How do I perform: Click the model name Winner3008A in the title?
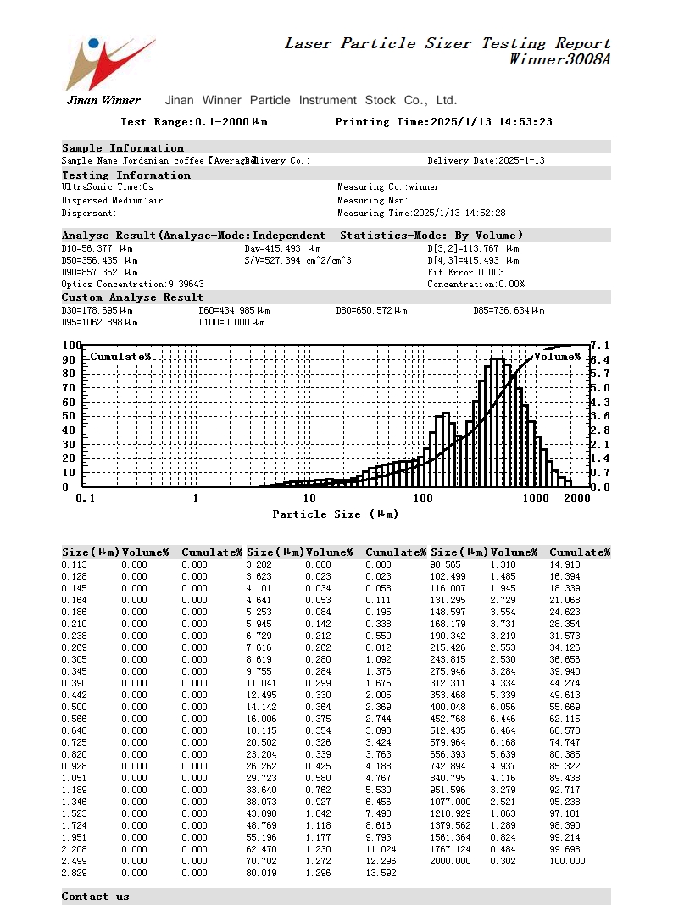pyautogui.click(x=559, y=59)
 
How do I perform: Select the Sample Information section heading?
pyautogui.click(x=123, y=148)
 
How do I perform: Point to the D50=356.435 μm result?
pyautogui.click(x=99, y=261)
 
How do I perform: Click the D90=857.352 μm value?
pyautogui.click(x=99, y=273)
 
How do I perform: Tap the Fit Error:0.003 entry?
pyautogui.click(x=465, y=273)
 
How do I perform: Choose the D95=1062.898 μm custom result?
pyautogui.click(x=99, y=323)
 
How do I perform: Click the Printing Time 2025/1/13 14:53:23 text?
pyautogui.click(x=443, y=122)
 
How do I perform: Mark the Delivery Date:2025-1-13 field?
pyautogui.click(x=486, y=161)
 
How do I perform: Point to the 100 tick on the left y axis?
pyautogui.click(x=71, y=346)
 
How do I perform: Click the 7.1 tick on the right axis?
pyautogui.click(x=600, y=346)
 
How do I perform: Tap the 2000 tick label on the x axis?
pyautogui.click(x=576, y=498)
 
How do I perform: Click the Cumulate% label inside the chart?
pyautogui.click(x=120, y=357)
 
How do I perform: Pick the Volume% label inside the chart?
pyautogui.click(x=557, y=357)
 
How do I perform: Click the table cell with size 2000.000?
pyautogui.click(x=450, y=861)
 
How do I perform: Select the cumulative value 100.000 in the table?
pyautogui.click(x=567, y=861)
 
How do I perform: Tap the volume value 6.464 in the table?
pyautogui.click(x=503, y=730)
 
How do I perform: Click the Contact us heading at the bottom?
pyautogui.click(x=96, y=897)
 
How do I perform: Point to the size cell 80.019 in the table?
pyautogui.click(x=261, y=873)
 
